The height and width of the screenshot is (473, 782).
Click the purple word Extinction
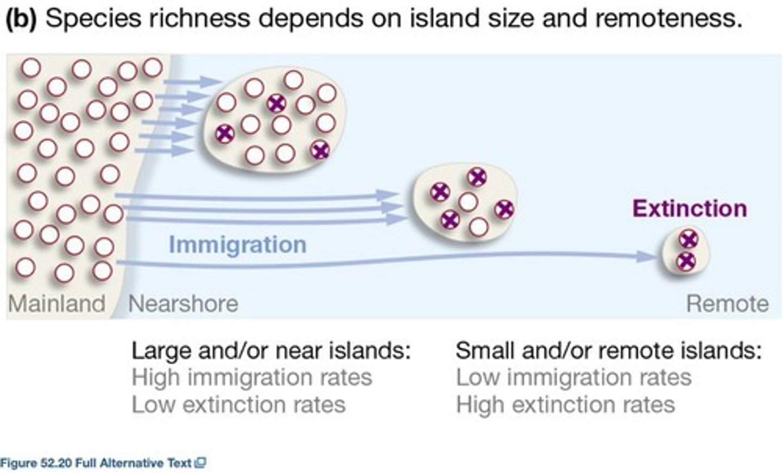pos(689,209)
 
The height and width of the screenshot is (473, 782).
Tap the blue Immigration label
pos(237,245)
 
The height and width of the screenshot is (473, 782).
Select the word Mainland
pos(56,303)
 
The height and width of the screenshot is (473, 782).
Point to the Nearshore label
pos(183,303)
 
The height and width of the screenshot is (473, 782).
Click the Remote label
pos(727,303)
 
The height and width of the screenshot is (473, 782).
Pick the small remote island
pos(686,251)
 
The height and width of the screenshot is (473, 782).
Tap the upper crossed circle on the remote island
pos(689,239)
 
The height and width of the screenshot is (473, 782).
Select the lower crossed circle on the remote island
pos(686,261)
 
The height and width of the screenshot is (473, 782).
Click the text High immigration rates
pos(251,377)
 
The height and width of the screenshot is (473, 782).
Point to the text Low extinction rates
pos(238,405)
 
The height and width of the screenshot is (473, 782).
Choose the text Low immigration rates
pos(573,377)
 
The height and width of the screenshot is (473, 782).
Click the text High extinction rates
pos(565,405)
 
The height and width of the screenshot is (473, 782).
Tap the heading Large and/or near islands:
pos(271,350)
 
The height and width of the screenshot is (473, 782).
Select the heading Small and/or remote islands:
pos(609,350)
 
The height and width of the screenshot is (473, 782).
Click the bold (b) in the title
pos(21,19)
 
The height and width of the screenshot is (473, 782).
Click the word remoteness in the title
pos(669,19)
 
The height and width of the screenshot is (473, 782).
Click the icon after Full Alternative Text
pos(200,463)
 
